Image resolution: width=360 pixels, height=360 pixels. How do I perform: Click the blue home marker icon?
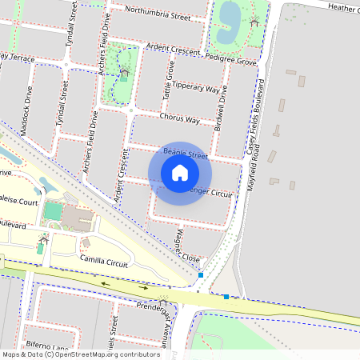(x=180, y=173)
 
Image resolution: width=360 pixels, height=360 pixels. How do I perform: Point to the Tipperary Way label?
(x=196, y=88)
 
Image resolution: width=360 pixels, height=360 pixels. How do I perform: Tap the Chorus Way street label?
(x=179, y=118)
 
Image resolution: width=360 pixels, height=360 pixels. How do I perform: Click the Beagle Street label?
(x=185, y=151)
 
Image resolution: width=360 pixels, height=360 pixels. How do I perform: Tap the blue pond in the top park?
(x=230, y=15)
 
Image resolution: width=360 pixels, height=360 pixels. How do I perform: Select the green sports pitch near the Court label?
(x=51, y=212)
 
